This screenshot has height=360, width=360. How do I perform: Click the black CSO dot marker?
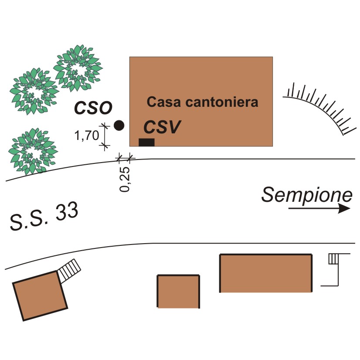point(119,126)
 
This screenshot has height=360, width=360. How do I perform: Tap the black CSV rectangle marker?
point(146,143)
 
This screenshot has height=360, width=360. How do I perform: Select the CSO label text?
point(93,108)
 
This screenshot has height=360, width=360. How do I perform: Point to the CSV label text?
point(162,127)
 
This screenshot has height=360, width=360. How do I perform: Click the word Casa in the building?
point(164,102)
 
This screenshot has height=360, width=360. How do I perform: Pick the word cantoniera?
point(222,102)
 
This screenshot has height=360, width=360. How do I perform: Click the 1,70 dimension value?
point(87,136)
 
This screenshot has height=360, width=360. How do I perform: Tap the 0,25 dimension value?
point(125,179)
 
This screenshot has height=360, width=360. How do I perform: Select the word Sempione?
point(307,195)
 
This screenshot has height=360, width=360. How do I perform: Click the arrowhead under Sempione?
point(344,209)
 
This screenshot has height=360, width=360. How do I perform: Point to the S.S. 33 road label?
point(44,217)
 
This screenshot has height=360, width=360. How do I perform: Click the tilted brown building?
point(40,295)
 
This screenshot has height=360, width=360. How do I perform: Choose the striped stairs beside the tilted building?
point(69,271)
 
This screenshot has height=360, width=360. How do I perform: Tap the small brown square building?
point(178,291)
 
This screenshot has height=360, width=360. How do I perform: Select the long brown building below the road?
point(266,273)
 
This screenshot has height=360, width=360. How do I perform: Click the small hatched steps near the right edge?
point(333,259)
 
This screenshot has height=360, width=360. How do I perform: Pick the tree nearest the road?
point(33,152)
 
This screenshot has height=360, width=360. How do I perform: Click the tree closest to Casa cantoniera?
point(78,68)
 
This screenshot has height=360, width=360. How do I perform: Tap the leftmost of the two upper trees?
point(34,92)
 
